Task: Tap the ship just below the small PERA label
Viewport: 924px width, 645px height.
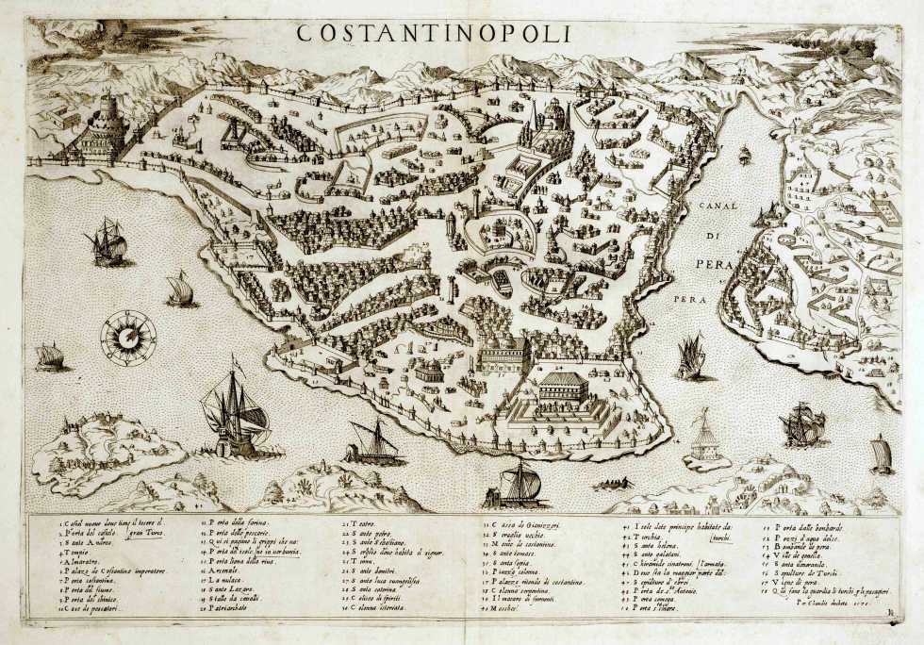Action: (691, 357)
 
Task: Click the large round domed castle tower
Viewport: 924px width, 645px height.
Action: (101, 127)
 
